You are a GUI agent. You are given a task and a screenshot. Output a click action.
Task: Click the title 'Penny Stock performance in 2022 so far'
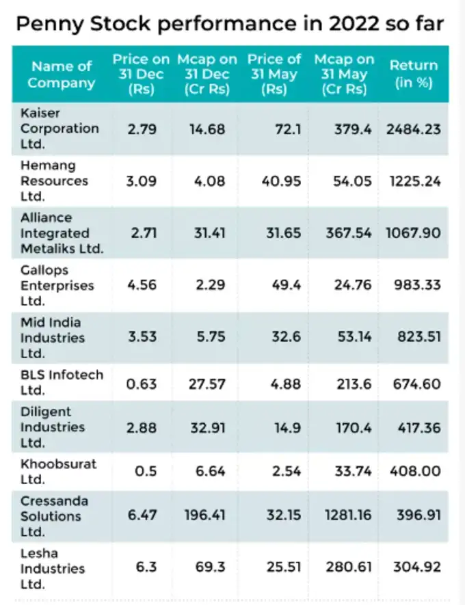tap(230, 25)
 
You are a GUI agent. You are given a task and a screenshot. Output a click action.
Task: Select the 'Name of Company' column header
tap(62, 75)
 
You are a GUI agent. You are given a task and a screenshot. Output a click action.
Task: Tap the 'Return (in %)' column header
tap(413, 75)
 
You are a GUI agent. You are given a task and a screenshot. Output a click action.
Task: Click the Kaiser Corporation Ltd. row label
tap(59, 129)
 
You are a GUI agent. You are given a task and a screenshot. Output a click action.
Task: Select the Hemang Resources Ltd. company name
tap(54, 181)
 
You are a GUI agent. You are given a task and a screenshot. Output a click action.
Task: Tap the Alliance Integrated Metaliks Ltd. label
tap(62, 233)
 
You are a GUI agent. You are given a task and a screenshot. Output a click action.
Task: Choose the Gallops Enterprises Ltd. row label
tap(57, 285)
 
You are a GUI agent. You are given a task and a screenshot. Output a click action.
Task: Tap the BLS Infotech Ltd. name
tap(62, 382)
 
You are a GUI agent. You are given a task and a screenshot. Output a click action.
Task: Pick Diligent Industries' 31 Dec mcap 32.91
tap(207, 428)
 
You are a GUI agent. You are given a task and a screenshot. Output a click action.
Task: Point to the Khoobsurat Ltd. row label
tap(58, 471)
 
